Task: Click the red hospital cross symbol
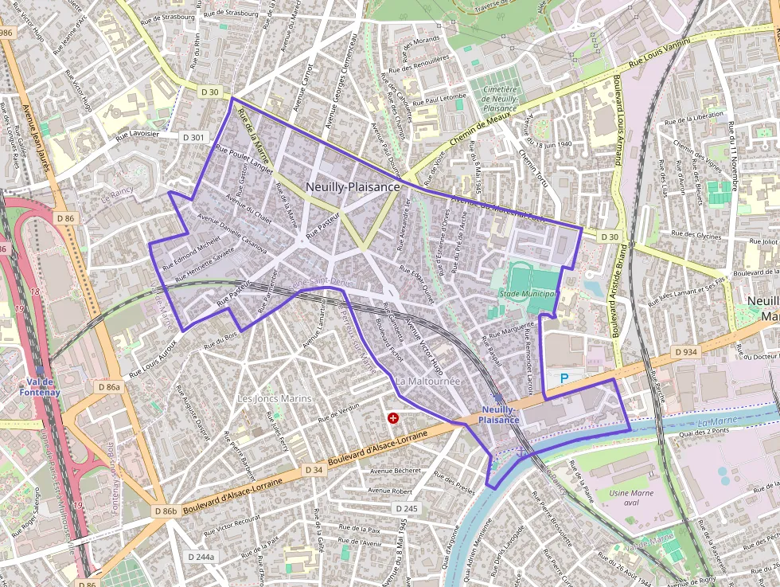click(x=392, y=417)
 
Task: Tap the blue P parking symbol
click(x=565, y=378)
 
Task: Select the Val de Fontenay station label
click(x=39, y=386)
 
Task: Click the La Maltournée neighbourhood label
click(x=428, y=382)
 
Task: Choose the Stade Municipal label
click(x=527, y=294)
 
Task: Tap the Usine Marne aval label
click(x=630, y=499)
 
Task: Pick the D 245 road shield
click(x=406, y=509)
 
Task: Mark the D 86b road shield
click(x=166, y=511)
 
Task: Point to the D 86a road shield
click(x=109, y=386)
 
